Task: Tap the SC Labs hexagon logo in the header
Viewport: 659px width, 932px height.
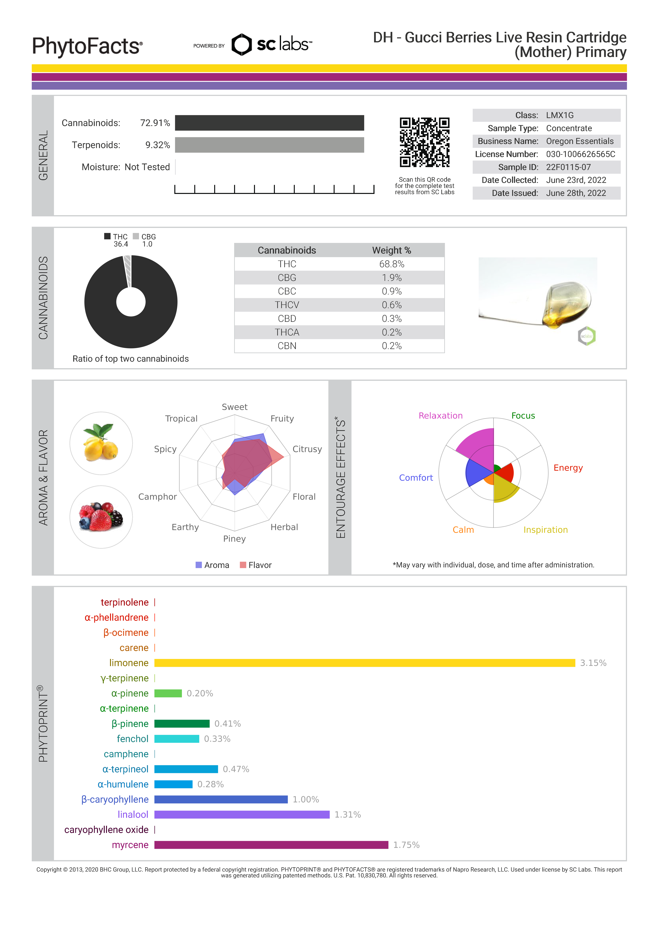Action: pos(242,45)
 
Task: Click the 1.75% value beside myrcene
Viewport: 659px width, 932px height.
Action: pos(406,845)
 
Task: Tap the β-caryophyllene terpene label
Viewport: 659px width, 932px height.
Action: pos(115,800)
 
